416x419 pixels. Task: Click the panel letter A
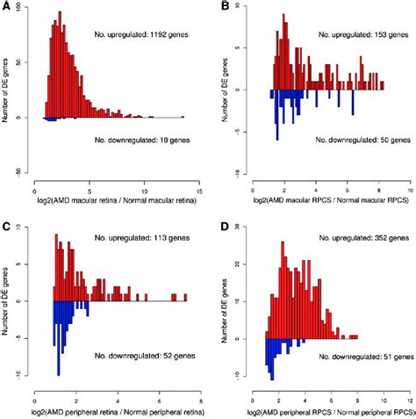(5, 5)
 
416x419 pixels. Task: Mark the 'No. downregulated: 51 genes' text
(361, 353)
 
